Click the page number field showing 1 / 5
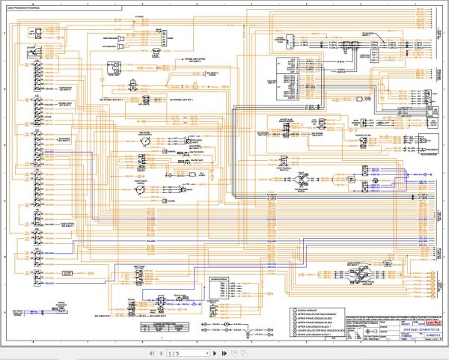(x=174, y=353)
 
